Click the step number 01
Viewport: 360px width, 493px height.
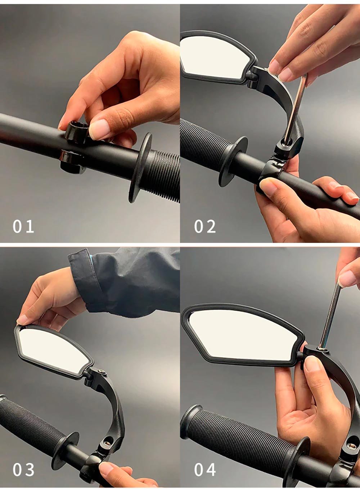click(x=23, y=226)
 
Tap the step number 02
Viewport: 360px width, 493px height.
click(x=205, y=226)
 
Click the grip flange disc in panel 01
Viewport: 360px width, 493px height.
click(x=140, y=167)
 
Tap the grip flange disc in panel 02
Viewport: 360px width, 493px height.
click(x=233, y=162)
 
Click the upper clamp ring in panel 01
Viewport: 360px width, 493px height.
click(x=76, y=132)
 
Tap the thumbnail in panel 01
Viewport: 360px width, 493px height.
click(x=99, y=129)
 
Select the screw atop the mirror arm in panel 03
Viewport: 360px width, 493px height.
click(x=102, y=372)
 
